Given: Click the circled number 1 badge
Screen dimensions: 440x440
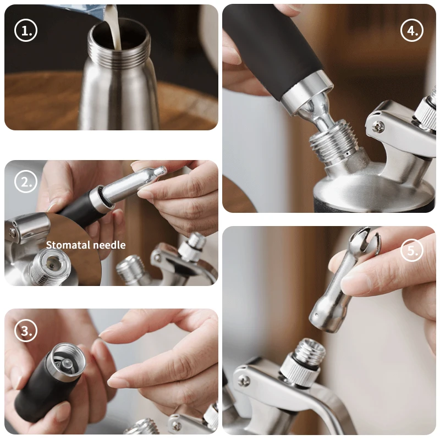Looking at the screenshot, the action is point(25,30).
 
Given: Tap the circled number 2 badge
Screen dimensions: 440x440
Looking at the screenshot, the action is point(25,182).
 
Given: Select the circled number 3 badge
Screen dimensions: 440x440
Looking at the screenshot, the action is point(25,331).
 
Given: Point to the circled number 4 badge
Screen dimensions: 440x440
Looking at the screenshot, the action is point(412,30).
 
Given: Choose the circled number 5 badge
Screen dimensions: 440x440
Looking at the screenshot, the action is point(412,250).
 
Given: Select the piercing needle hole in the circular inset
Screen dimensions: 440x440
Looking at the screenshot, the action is point(50,264).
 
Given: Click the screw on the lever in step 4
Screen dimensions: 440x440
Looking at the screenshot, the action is point(378,126).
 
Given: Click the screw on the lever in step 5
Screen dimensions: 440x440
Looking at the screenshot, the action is point(243,381).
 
